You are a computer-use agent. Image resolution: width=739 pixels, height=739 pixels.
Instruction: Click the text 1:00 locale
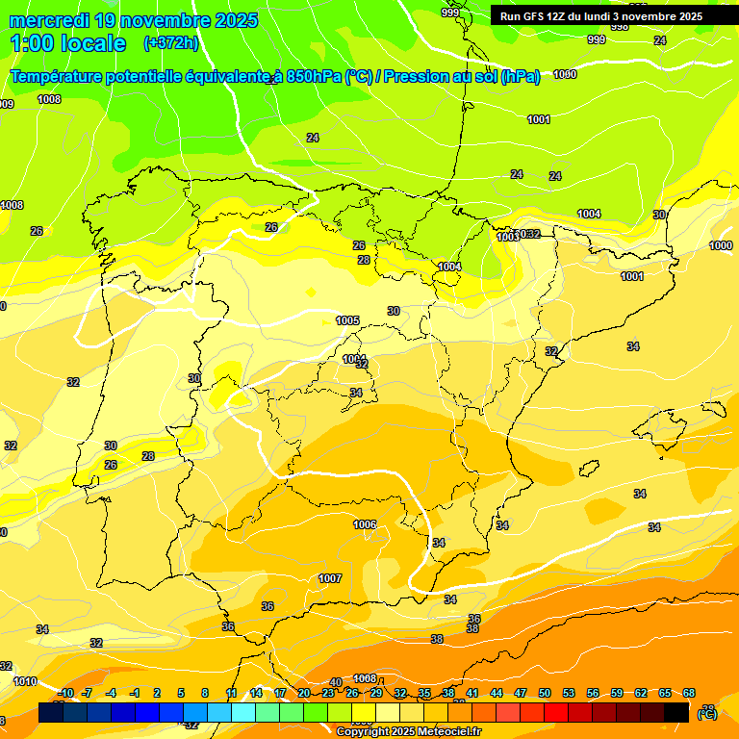coord(68,43)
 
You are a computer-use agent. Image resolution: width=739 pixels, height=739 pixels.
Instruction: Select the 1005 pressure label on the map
coord(347,320)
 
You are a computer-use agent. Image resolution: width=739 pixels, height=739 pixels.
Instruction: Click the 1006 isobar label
coord(365,524)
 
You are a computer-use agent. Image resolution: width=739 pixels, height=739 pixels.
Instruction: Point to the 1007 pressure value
coord(330,578)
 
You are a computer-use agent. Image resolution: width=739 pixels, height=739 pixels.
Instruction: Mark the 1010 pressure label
coord(25,681)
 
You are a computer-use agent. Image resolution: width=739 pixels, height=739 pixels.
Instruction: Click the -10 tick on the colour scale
coord(65,694)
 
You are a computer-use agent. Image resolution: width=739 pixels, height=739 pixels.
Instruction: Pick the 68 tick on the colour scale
coord(689,694)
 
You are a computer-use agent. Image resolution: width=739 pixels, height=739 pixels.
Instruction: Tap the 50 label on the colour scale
coord(545,694)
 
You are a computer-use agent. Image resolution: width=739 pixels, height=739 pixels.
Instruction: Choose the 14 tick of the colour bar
coord(256,694)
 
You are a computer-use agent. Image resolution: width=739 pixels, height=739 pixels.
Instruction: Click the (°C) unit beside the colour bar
coord(707,713)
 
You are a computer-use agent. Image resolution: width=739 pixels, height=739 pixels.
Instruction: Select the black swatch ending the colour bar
coord(676,712)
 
